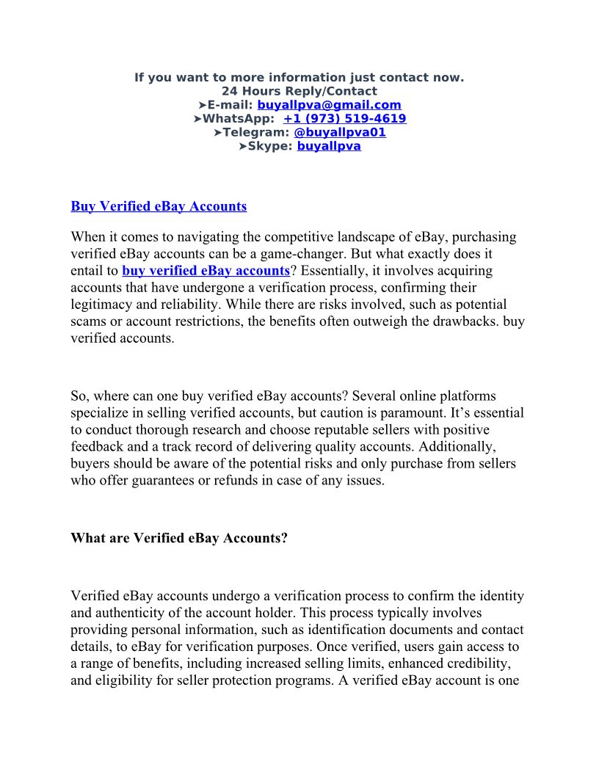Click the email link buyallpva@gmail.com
pos(329,105)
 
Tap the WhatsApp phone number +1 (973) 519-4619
pos(344,119)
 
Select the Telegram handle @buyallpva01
pos(339,132)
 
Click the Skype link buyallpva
pos(329,146)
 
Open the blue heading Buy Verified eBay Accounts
pos(159,206)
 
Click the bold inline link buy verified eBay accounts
pos(206,271)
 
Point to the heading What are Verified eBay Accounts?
pos(179,538)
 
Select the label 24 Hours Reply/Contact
pos(299,92)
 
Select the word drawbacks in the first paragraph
pos(464,321)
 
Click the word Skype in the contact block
pos(270,146)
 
